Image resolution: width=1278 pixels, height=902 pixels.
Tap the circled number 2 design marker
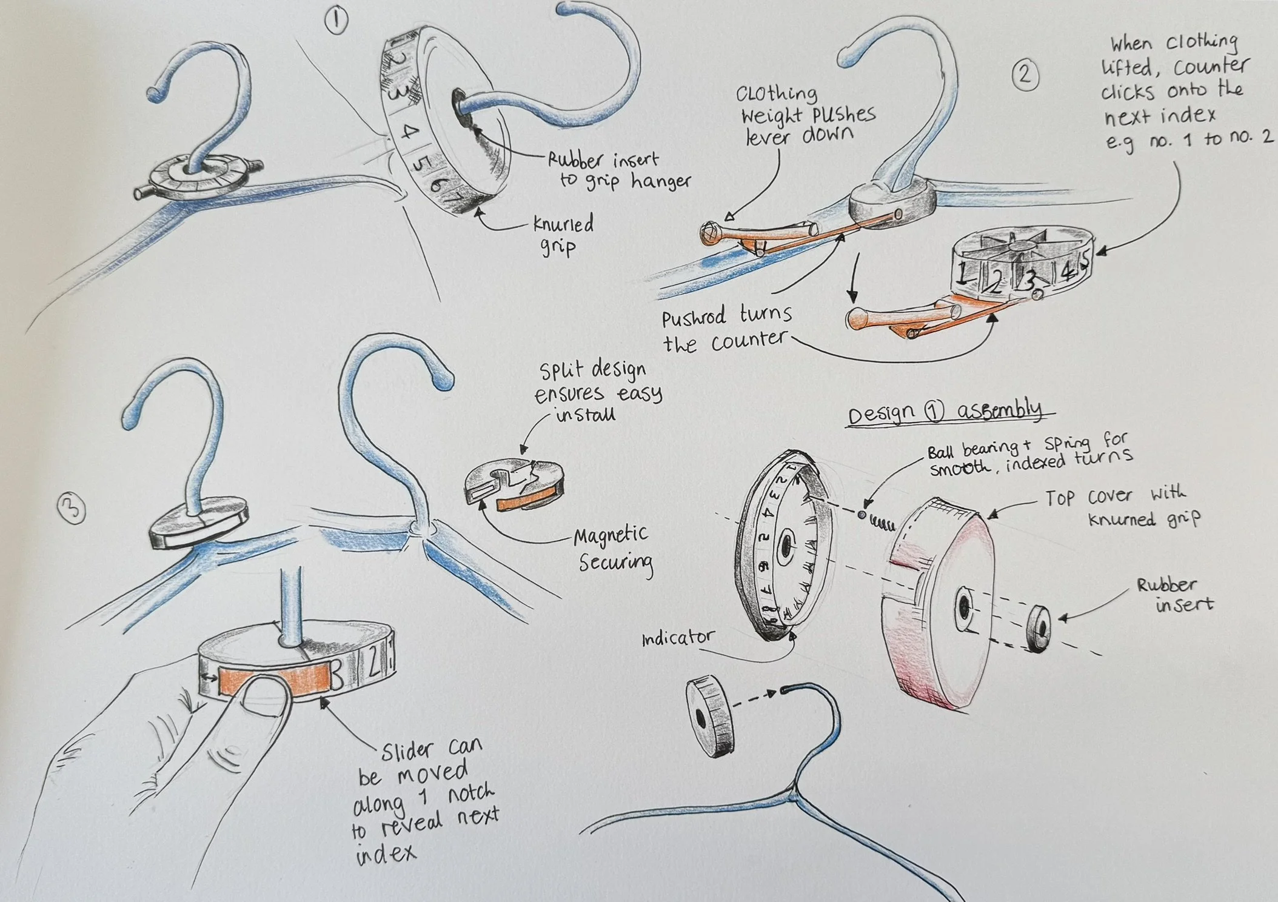coord(1025,75)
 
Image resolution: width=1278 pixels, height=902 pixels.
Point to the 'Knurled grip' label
coord(562,235)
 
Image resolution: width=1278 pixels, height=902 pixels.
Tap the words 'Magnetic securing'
coord(612,549)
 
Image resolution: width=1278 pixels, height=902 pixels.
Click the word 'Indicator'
coord(678,638)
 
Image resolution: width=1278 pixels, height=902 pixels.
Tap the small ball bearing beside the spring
coord(861,514)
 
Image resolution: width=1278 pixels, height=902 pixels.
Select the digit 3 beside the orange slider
coord(338,675)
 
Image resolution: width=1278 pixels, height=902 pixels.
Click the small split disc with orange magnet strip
coord(515,485)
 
